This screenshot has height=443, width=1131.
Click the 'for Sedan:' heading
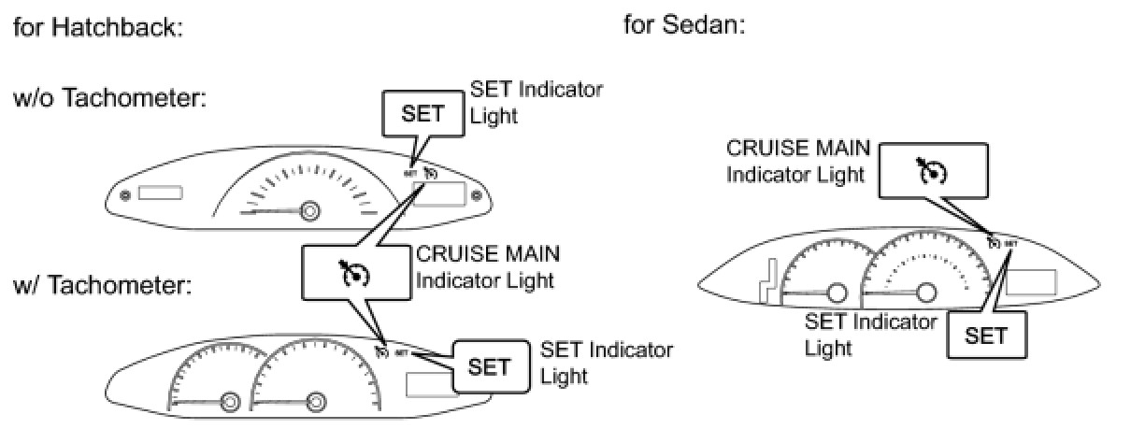(684, 24)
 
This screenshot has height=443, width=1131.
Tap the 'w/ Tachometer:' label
(103, 284)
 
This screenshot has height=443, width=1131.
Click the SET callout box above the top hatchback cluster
(422, 115)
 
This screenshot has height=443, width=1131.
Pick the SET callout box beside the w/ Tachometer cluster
(489, 365)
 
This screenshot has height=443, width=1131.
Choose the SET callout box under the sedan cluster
(985, 335)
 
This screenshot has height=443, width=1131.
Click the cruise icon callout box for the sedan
(933, 170)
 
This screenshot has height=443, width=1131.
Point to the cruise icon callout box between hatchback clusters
(355, 274)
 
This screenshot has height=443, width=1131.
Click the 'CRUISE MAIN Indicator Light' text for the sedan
(798, 161)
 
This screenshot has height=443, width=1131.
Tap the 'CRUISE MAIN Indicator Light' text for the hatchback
(488, 266)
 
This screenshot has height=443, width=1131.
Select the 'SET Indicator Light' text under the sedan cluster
(870, 335)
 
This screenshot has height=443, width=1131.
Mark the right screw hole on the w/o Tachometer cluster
(476, 195)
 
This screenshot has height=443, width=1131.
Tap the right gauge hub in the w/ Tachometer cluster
(316, 402)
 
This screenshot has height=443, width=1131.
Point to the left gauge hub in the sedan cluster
(837, 293)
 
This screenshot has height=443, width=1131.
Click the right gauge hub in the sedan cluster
(925, 293)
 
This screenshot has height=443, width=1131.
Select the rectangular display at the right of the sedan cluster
(1031, 282)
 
